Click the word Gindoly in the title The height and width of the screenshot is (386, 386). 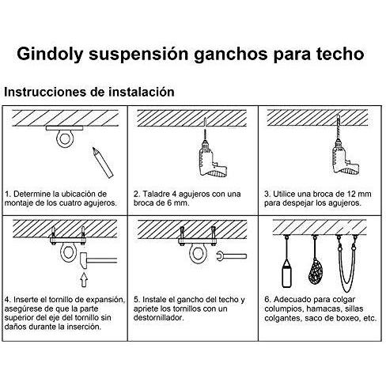coord(50,55)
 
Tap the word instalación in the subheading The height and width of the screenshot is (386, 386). coord(142,92)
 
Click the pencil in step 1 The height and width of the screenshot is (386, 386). coord(103,162)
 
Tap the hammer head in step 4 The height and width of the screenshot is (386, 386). coord(84,260)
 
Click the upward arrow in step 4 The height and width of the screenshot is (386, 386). coord(84,280)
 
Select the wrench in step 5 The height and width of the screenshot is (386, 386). coord(231,255)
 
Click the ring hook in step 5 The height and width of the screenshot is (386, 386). coord(196,252)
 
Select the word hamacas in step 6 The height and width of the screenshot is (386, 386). coord(323,308)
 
